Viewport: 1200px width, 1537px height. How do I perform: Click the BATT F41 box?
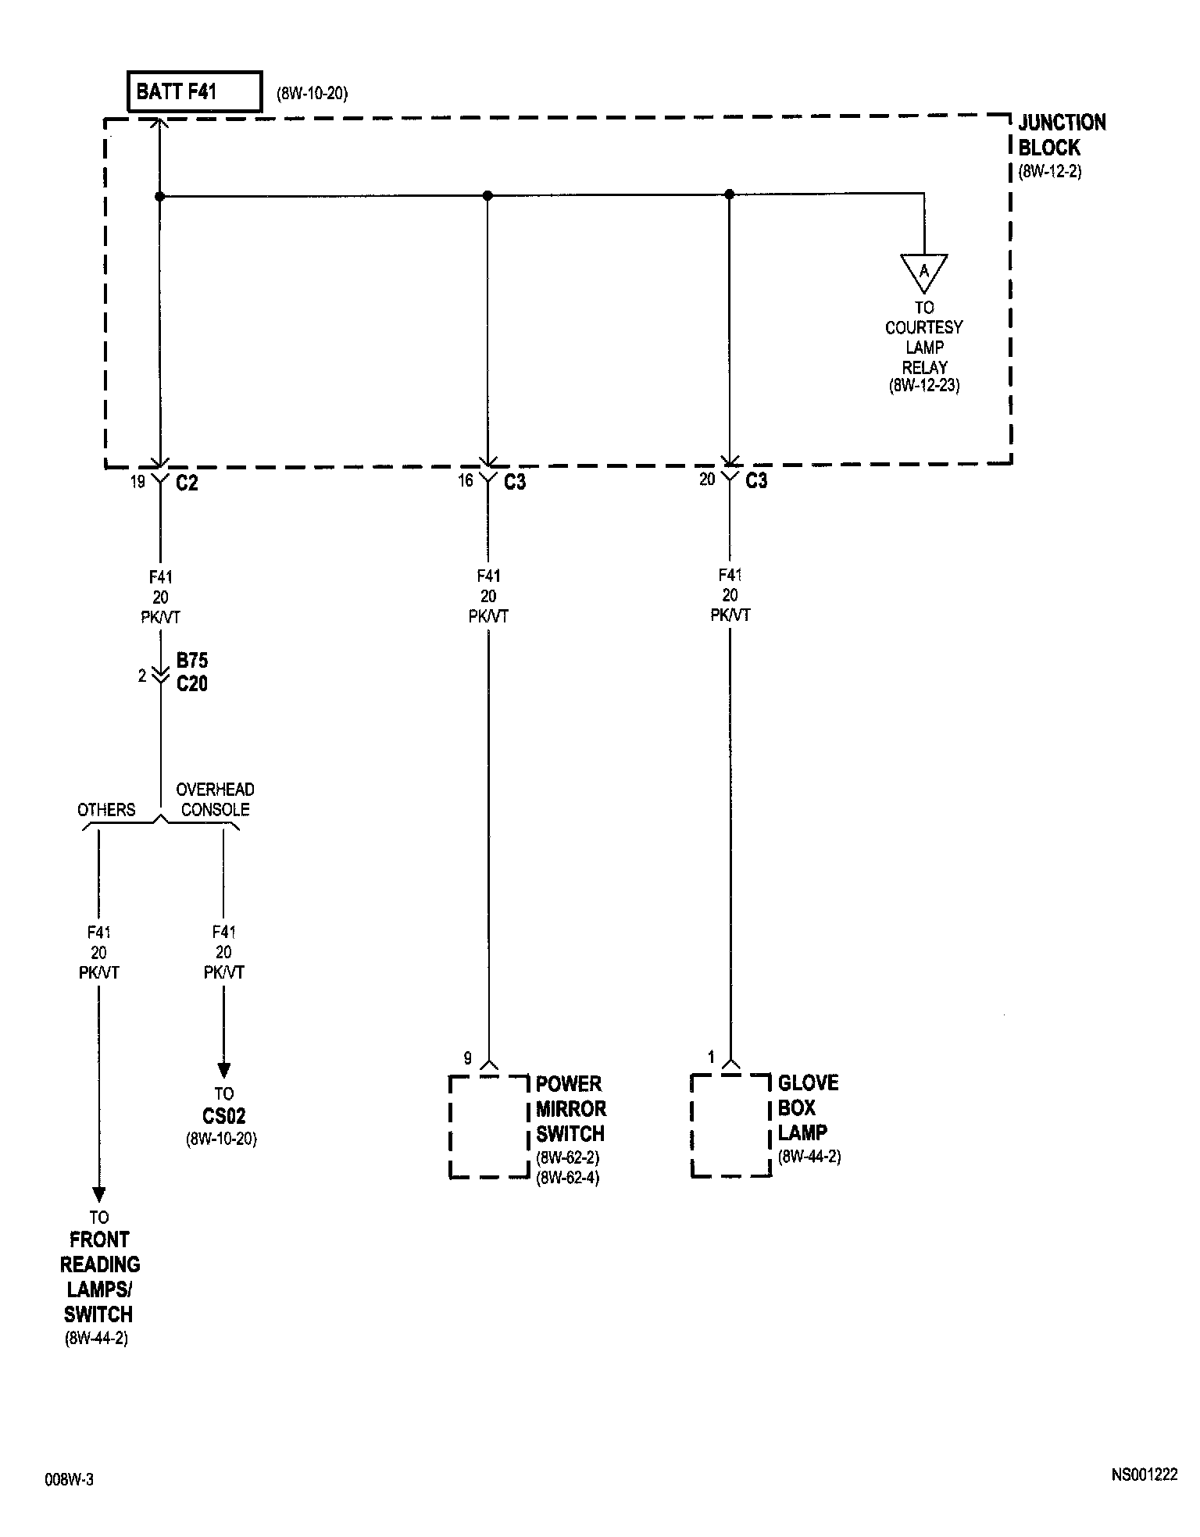pyautogui.click(x=194, y=92)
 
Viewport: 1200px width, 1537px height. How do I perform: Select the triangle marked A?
pyautogui.click(x=923, y=272)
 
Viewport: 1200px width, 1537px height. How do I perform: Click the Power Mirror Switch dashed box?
pyautogui.click(x=489, y=1126)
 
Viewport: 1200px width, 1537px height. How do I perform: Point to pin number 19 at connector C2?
pyautogui.click(x=137, y=482)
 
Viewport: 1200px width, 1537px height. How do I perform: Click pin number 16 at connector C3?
pyautogui.click(x=466, y=480)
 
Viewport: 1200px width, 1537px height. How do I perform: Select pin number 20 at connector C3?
pyautogui.click(x=707, y=480)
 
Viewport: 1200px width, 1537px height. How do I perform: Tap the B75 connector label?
pyautogui.click(x=192, y=661)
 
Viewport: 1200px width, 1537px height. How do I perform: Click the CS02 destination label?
pyautogui.click(x=223, y=1116)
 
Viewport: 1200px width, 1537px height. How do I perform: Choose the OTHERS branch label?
pyautogui.click(x=106, y=810)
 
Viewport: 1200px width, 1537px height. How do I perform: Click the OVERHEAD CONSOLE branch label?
pyautogui.click(x=215, y=800)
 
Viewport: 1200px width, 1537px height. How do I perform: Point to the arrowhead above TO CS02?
pyautogui.click(x=223, y=1069)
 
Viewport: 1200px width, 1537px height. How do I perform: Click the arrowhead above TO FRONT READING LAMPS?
pyautogui.click(x=98, y=1194)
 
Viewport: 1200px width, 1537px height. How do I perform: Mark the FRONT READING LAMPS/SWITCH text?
pyautogui.click(x=99, y=1276)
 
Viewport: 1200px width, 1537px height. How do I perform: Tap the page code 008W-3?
pyautogui.click(x=69, y=1479)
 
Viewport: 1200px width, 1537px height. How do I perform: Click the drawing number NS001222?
pyautogui.click(x=1144, y=1475)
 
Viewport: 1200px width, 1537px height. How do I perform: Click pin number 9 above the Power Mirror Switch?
pyautogui.click(x=468, y=1058)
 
